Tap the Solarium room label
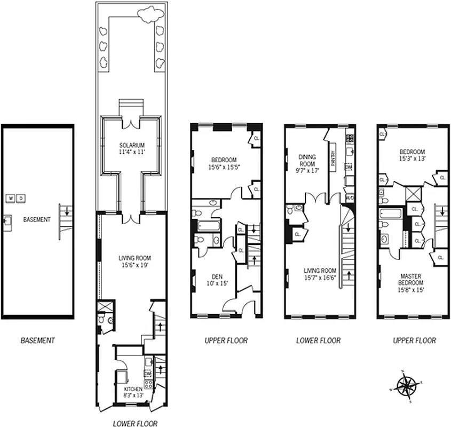131,148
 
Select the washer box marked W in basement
11,199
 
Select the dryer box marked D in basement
21,199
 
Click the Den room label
217,280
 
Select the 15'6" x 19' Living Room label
131,261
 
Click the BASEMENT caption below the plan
37,340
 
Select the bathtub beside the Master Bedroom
391,215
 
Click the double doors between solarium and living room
131,218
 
